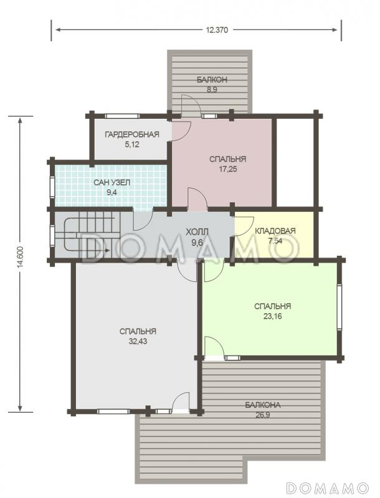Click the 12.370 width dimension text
217,30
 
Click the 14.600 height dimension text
21,263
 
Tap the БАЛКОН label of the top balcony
212,80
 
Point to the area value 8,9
212,90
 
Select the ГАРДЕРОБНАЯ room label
132,134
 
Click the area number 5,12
132,144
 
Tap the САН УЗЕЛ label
112,182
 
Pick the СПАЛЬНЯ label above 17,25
228,159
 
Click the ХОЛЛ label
197,231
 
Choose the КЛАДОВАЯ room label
275,231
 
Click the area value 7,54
275,241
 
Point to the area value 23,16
273,316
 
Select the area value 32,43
138,341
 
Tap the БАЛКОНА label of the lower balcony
263,405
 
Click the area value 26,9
263,415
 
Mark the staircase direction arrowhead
107,251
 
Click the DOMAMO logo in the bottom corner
327,487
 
